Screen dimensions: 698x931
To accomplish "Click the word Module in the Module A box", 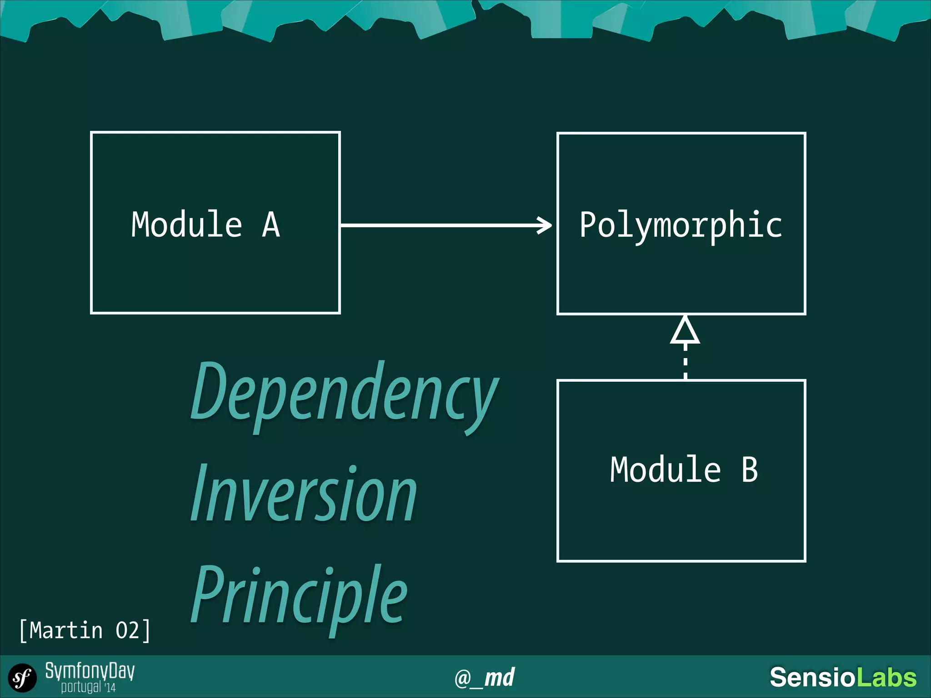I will point(186,224).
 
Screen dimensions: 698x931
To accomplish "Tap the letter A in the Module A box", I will point(271,224).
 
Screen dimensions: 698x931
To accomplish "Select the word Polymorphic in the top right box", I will point(681,226).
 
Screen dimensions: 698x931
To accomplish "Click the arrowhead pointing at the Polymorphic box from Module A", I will point(545,225).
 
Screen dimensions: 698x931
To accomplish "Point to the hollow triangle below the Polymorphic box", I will point(685,330).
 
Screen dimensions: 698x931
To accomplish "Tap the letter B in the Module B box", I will point(750,469).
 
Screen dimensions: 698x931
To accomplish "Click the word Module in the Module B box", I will point(666,469).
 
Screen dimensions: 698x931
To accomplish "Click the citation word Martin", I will point(66,631).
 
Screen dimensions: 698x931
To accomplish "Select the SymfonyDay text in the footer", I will point(90,671).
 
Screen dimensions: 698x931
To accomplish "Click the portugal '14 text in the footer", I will point(89,687).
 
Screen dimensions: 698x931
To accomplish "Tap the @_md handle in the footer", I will point(485,678).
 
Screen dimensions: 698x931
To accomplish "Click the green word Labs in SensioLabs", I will point(886,677).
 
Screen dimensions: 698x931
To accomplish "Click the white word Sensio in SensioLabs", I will point(813,677).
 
